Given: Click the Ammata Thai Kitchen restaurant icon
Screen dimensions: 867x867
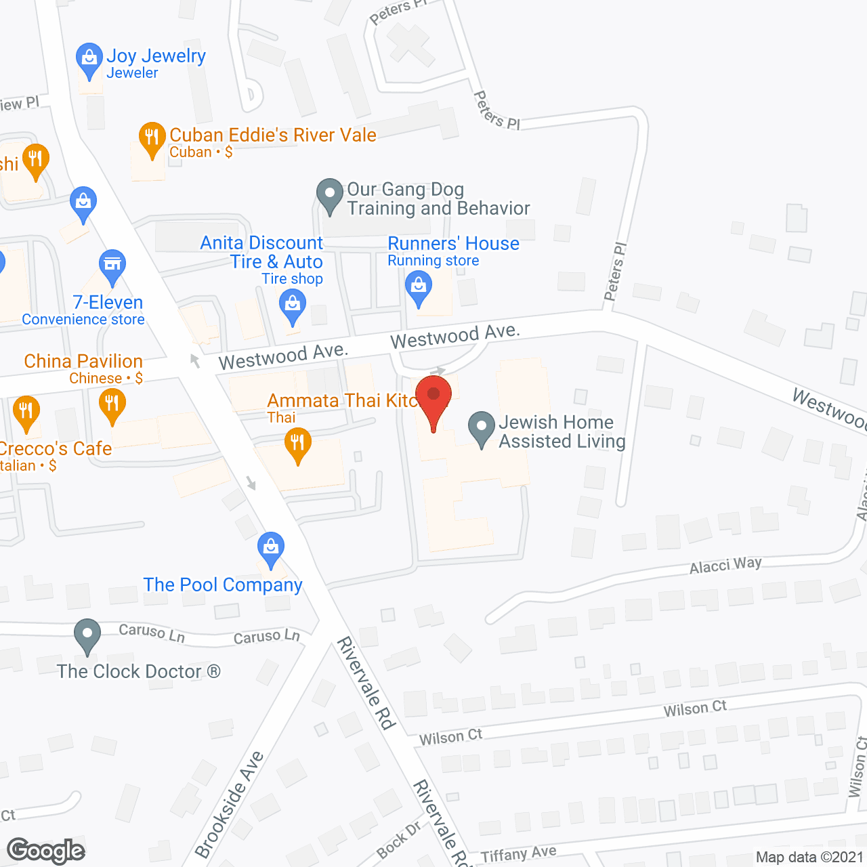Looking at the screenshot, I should coord(297,444).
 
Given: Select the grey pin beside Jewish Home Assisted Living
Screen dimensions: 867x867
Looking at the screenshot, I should coord(482,429).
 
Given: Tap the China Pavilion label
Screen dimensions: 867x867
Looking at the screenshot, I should coord(83,362).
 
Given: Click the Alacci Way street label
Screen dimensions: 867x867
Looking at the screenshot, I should coord(725,565).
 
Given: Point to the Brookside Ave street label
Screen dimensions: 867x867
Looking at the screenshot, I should coord(228,804).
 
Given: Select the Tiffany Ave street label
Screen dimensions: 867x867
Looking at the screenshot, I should coord(518,855).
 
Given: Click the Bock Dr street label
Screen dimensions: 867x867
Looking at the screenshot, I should coord(399,840).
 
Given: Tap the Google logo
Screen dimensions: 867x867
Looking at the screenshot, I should coord(46,851).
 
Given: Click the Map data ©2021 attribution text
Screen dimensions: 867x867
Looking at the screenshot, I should coord(809,858).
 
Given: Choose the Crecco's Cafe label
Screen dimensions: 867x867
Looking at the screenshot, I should coord(56,449).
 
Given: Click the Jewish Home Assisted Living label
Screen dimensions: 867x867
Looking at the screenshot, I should coord(562,431).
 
